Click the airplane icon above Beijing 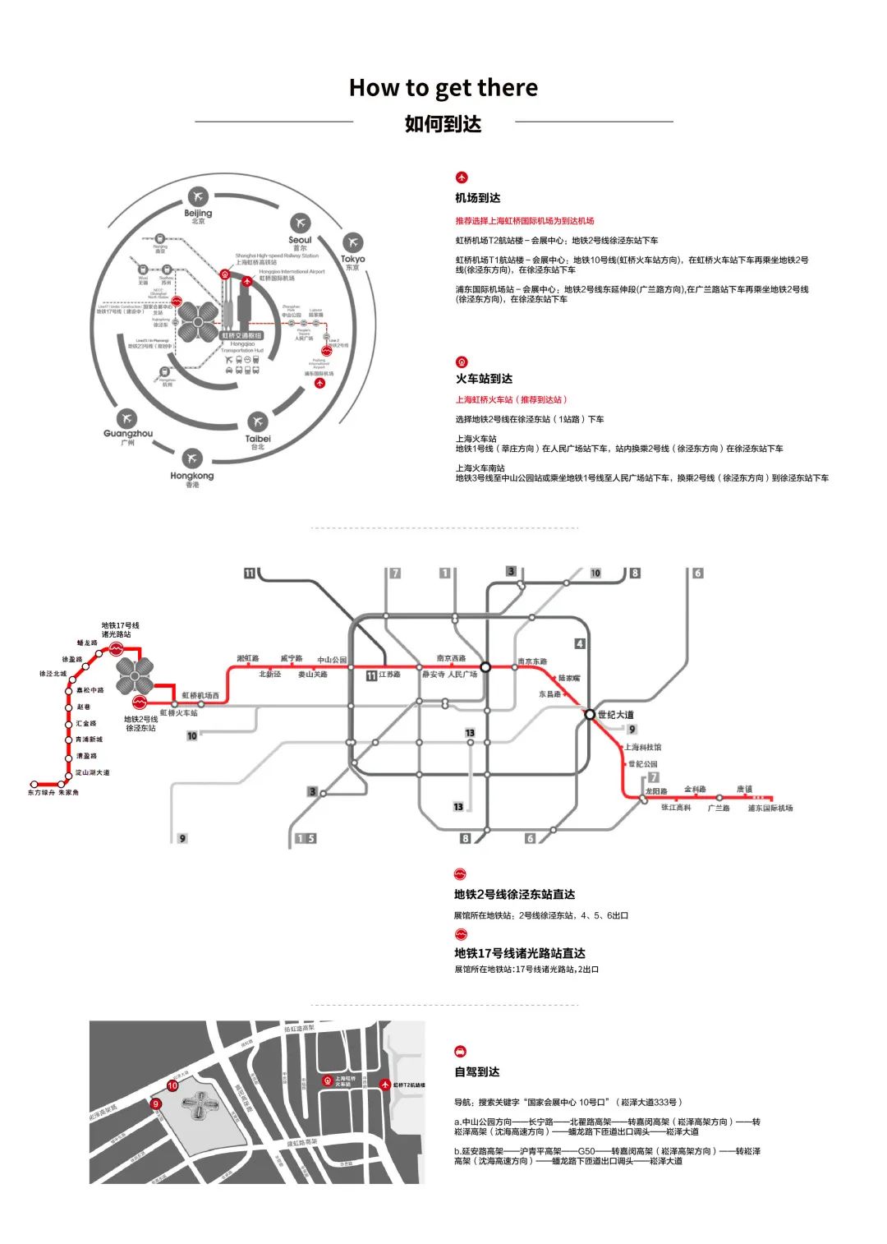pos(198,197)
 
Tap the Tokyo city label pos(352,260)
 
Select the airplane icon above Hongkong pos(191,458)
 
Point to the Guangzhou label pos(128,434)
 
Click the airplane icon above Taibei pos(258,422)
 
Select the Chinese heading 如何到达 pos(443,124)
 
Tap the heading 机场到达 pos(478,198)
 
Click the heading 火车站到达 pos(484,379)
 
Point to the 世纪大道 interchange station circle pos(590,715)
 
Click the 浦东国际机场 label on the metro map pos(770,809)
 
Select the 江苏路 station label pos(389,675)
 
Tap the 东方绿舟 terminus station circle pos(34,784)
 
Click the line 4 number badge pos(580,644)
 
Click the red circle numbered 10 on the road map pos(172,1085)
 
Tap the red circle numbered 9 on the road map pos(156,1104)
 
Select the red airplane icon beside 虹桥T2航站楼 pos(385,1085)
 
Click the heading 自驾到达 pos(477,1072)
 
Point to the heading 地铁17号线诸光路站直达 pos(520,953)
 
